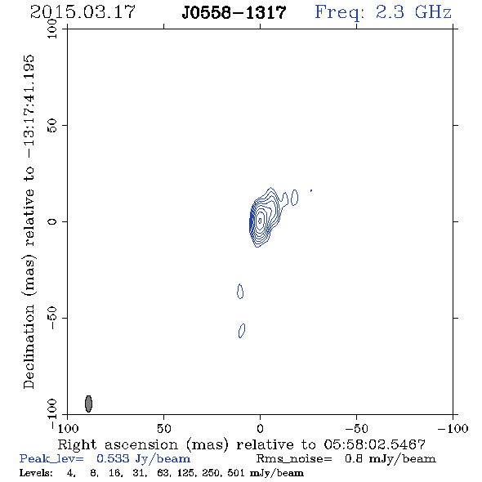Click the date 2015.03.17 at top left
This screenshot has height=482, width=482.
pos(83,12)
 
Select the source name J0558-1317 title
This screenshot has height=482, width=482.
pos(234,12)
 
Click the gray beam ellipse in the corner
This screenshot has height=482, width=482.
pos(88,404)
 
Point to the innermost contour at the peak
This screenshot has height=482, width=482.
pos(260,221)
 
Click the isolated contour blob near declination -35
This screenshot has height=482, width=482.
pos(240,291)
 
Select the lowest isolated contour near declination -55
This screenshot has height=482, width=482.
pos(242,330)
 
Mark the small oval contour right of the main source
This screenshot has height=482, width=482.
pos(294,198)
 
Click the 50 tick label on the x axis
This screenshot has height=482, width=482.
pos(163,428)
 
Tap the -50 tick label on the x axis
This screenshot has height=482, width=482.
pos(356,428)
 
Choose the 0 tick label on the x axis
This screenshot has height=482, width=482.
pos(260,428)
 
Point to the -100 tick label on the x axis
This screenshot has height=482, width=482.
pos(453,428)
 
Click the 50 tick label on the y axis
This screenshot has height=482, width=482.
pos(52,125)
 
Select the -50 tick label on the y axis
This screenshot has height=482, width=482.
pos(52,318)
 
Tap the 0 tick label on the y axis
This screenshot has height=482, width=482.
pos(52,221)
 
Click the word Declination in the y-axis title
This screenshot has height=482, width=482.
pos(29,346)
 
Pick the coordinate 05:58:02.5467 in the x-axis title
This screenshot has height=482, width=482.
pos(375,444)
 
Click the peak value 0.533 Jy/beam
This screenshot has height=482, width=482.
pos(143,458)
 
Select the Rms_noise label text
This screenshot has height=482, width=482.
pos(294,459)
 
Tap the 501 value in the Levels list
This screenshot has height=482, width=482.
pos(236,472)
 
